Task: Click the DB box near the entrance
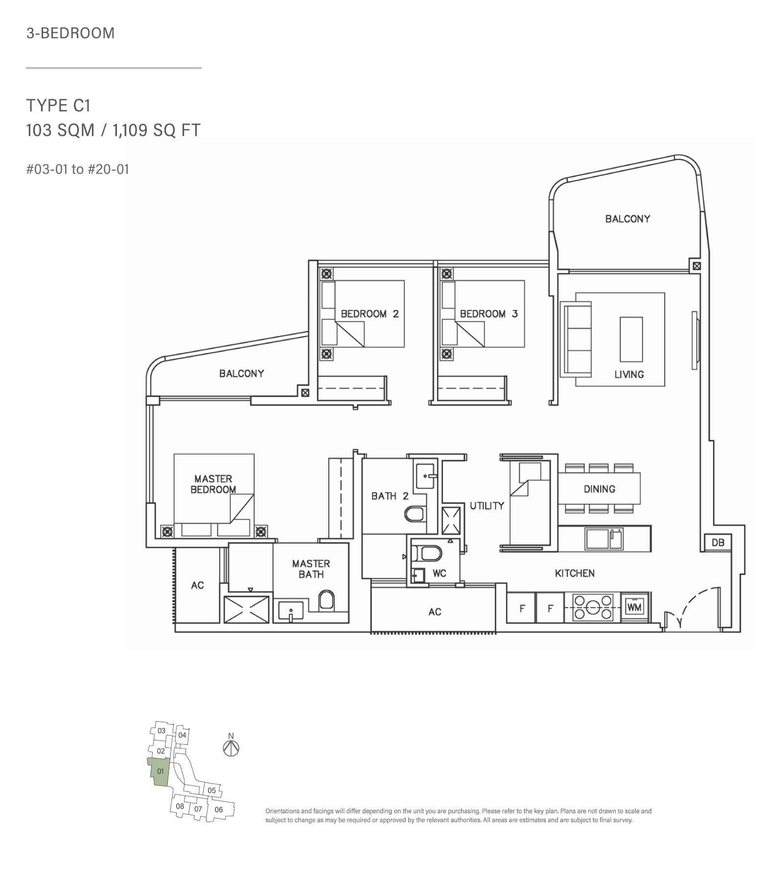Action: point(718,542)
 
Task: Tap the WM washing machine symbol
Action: point(635,607)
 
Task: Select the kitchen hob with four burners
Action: point(593,607)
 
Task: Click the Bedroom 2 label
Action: point(370,314)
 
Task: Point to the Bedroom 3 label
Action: point(489,314)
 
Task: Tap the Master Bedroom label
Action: point(213,484)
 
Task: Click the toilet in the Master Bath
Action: point(326,600)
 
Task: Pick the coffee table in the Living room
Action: point(631,339)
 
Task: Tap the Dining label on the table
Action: point(599,489)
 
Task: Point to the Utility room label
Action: point(487,505)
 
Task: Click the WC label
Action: point(439,573)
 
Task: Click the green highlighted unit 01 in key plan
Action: point(159,772)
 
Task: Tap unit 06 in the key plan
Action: point(219,809)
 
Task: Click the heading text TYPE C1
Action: point(58,106)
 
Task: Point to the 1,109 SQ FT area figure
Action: point(157,130)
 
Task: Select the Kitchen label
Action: point(575,573)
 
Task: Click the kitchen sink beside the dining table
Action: point(604,539)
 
